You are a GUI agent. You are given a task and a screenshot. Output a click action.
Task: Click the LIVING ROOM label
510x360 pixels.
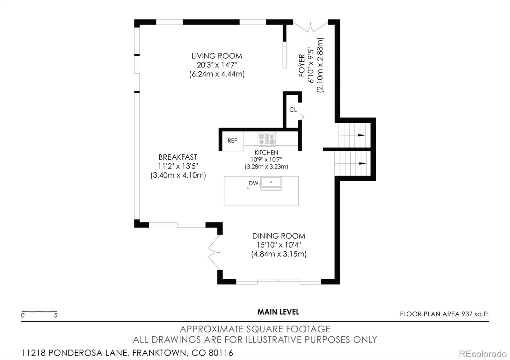pyautogui.click(x=217, y=56)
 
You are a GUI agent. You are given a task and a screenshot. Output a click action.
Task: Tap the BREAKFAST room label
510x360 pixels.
pyautogui.click(x=178, y=157)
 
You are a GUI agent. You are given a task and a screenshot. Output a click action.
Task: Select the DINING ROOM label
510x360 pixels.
pyautogui.click(x=279, y=236)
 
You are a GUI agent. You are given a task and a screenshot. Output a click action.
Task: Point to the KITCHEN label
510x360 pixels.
pyautogui.click(x=266, y=153)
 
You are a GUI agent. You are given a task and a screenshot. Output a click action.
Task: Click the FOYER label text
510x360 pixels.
pyautogui.click(x=302, y=65)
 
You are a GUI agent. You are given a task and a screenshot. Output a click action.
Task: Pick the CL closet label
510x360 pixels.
pyautogui.click(x=293, y=110)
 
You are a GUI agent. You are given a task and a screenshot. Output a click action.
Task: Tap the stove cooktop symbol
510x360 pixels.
pyautogui.click(x=267, y=139)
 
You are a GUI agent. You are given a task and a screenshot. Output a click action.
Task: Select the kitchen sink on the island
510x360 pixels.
pyautogui.click(x=271, y=183)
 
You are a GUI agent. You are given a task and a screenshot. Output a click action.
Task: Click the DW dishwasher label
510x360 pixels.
pyautogui.click(x=253, y=183)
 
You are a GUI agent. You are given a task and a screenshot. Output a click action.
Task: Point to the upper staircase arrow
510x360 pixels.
pyautogui.click(x=361, y=135)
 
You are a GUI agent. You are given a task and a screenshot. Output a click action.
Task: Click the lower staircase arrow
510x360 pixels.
pyautogui.click(x=363, y=163)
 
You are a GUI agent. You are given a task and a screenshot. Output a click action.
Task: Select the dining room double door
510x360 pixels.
pyautogui.click(x=214, y=252)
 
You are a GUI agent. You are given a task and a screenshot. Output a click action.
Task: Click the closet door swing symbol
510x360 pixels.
pyautogui.click(x=302, y=117)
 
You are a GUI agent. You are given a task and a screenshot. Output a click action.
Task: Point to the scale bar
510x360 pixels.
pyautogui.click(x=40, y=311)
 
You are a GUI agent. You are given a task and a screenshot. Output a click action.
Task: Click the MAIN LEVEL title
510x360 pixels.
pyautogui.click(x=278, y=312)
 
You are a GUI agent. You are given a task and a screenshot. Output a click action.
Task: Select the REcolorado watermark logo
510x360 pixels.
pyautogui.click(x=483, y=354)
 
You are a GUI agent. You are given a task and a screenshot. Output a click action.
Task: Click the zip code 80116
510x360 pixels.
pyautogui.click(x=221, y=353)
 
